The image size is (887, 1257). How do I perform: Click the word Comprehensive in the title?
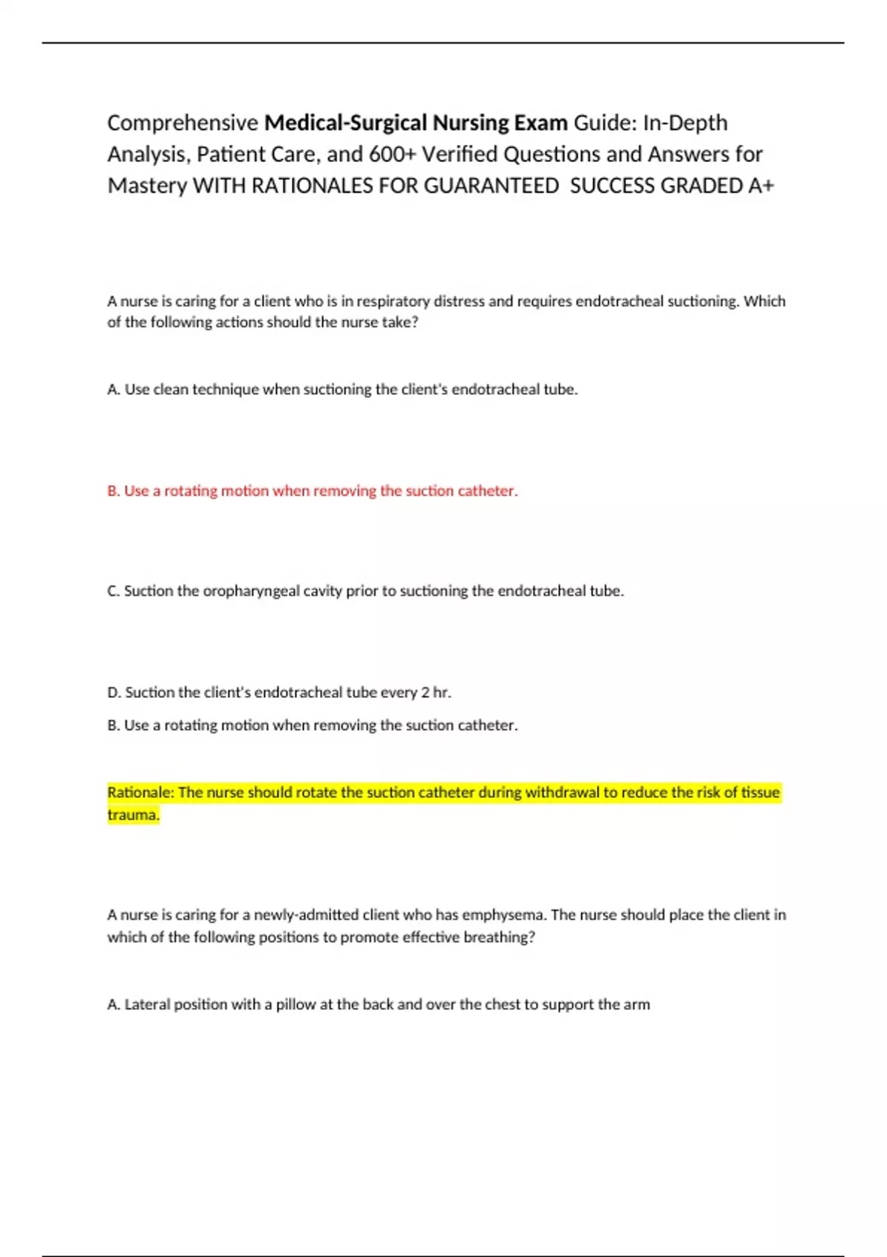click(183, 123)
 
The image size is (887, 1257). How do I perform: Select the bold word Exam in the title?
click(541, 123)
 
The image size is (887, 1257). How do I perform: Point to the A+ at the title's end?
click(761, 186)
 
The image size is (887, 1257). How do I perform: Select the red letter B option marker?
click(113, 491)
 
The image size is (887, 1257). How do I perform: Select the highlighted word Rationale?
click(140, 793)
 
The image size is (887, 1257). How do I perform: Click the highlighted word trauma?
click(133, 815)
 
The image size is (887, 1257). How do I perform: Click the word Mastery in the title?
click(147, 186)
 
